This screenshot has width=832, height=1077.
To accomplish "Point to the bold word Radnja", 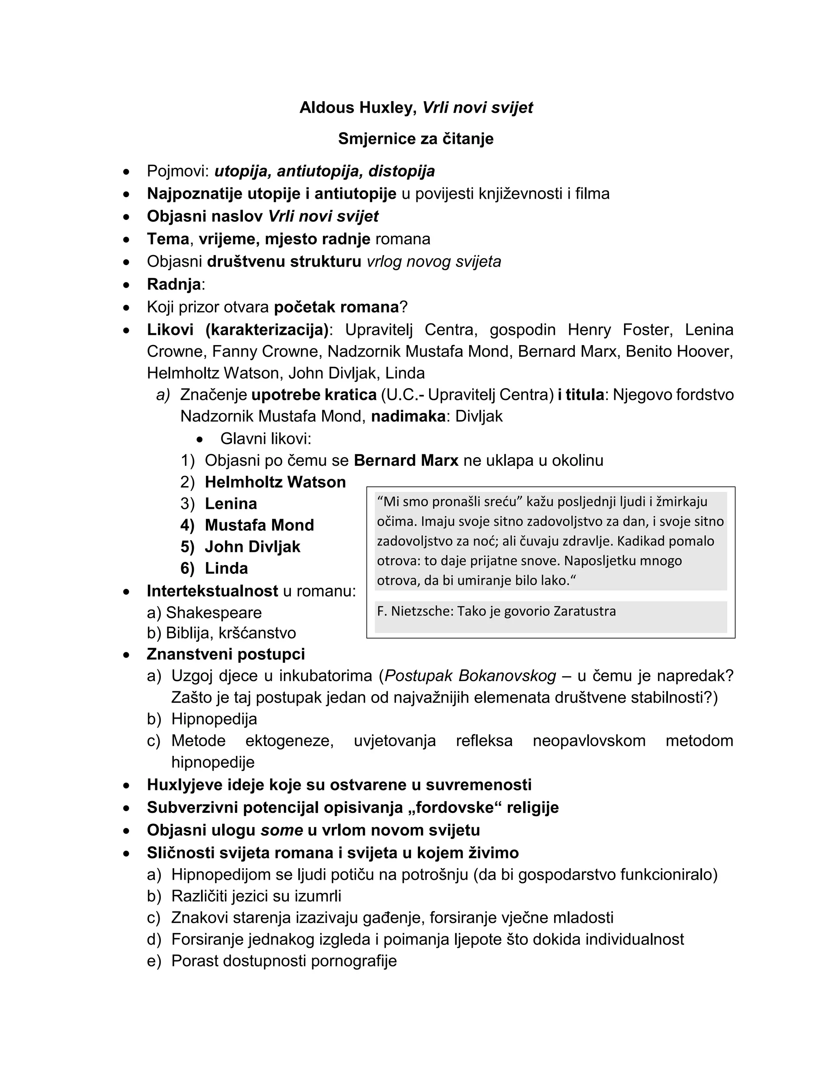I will click(174, 284).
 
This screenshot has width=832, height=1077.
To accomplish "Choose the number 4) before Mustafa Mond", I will click(187, 525).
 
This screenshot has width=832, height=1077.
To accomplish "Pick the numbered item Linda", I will click(226, 569).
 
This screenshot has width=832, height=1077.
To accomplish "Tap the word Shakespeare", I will click(214, 613).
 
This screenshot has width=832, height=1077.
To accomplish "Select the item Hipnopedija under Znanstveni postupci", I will click(214, 719).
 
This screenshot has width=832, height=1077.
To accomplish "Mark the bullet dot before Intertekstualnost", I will click(127, 591).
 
